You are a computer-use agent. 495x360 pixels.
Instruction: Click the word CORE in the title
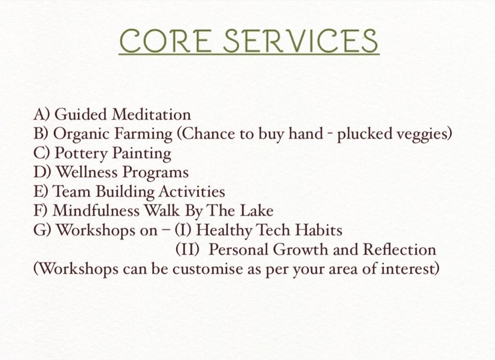tap(164, 41)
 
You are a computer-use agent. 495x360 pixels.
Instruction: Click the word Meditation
tap(152, 114)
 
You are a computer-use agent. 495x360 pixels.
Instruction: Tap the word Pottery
tap(81, 154)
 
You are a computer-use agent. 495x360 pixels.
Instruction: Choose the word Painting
tap(142, 154)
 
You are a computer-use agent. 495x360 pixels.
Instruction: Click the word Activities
tap(192, 192)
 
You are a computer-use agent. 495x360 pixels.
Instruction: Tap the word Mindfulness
tap(96, 211)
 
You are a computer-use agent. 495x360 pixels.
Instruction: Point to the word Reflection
tap(400, 250)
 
